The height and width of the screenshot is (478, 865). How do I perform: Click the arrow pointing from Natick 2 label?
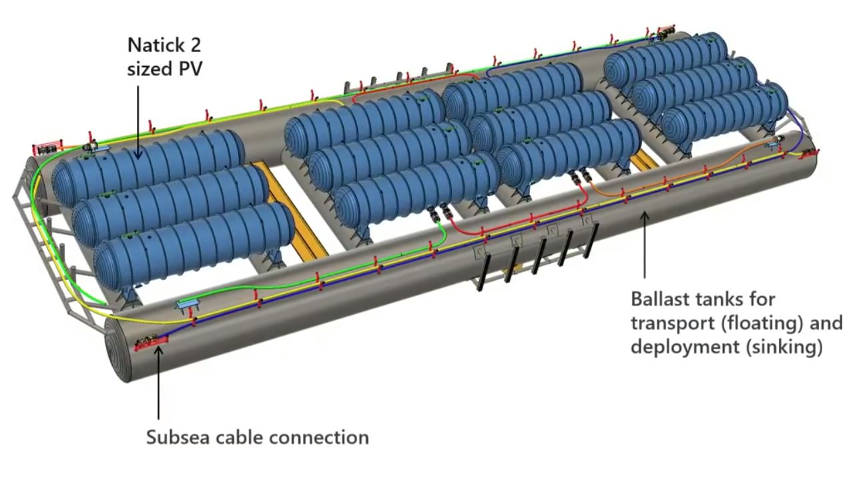139,120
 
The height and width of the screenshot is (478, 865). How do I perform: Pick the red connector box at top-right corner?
665,31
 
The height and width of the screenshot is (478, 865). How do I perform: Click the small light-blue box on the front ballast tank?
189,305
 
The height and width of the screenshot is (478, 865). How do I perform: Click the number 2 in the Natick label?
194,46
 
